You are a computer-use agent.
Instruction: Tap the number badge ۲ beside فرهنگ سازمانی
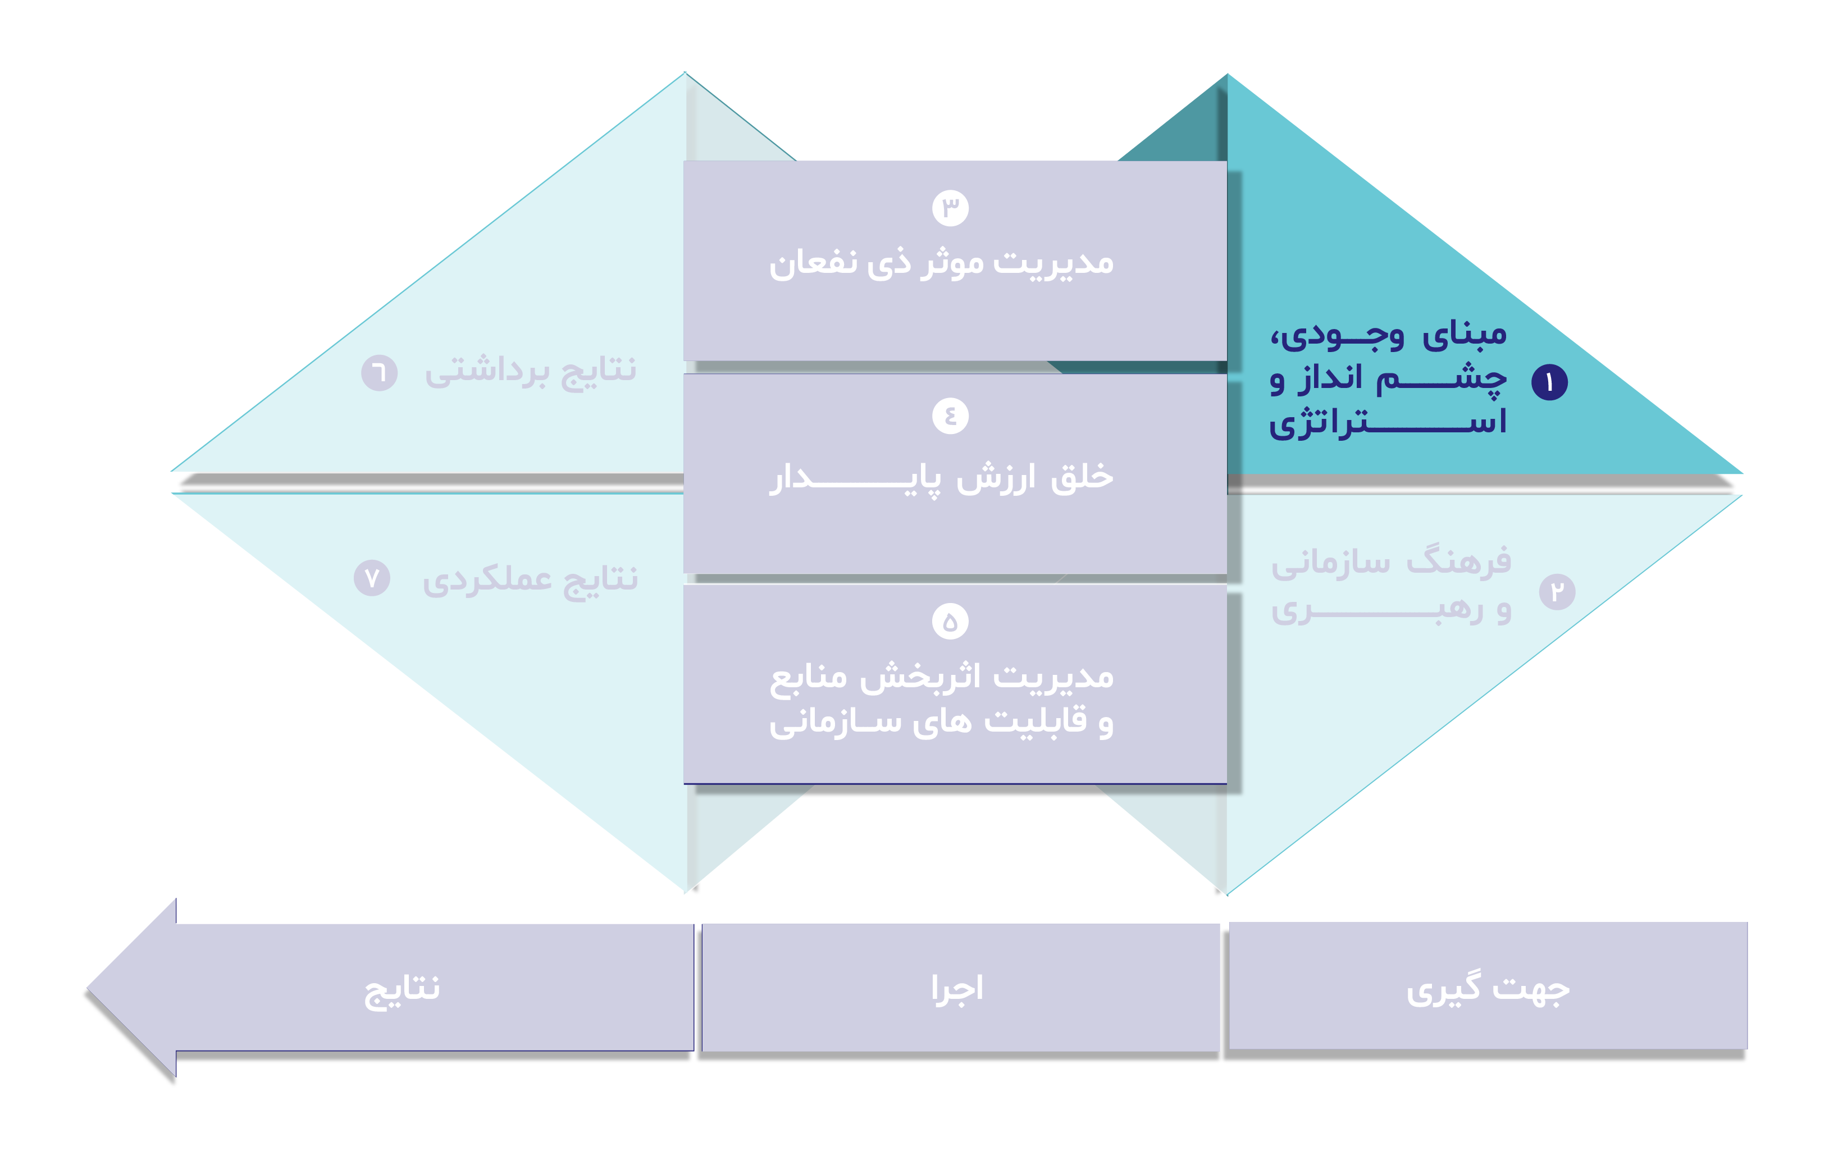(1557, 592)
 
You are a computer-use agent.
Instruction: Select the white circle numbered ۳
(950, 208)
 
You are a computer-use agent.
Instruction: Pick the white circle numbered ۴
(950, 415)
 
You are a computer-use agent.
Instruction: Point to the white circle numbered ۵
(950, 622)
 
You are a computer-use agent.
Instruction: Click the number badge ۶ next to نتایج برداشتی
(379, 373)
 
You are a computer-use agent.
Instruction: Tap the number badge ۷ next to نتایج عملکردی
(372, 578)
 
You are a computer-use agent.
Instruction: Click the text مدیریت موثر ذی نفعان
(941, 263)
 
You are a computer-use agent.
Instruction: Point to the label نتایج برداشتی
(530, 372)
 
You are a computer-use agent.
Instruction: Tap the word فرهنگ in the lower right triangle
(1458, 562)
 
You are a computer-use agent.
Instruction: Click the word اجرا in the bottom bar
(957, 989)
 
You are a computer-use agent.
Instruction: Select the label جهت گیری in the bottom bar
(1488, 990)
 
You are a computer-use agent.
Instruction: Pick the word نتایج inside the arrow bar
(402, 990)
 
